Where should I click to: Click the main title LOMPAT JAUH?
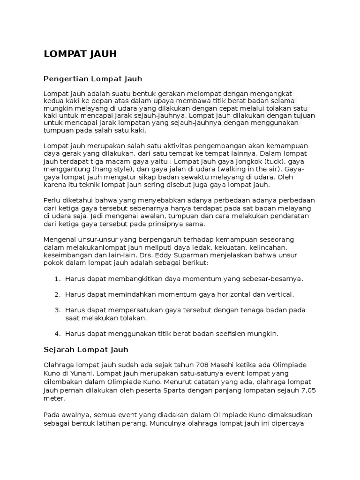(x=80, y=54)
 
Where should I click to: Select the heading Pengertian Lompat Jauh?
(x=92, y=78)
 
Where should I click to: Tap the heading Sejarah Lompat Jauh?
(x=86, y=350)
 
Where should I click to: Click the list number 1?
(x=57, y=279)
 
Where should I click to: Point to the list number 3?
(x=57, y=310)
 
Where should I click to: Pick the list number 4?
(x=57, y=334)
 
